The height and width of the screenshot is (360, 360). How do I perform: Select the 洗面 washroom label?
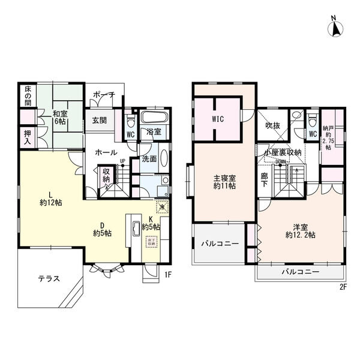click(149, 159)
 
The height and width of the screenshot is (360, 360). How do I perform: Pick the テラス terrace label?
click(49, 278)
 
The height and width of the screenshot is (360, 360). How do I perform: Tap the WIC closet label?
click(218, 119)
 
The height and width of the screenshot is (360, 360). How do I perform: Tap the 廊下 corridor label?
click(264, 180)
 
